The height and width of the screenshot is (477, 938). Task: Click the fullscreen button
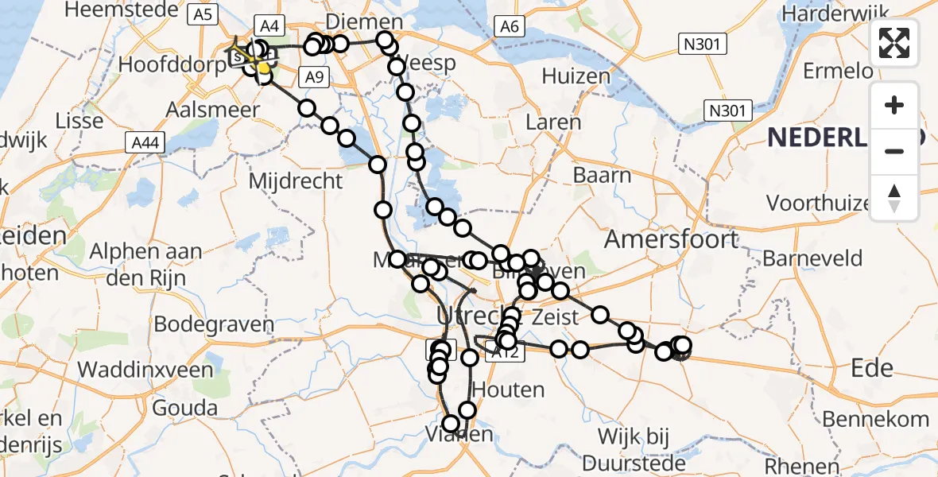tap(894, 43)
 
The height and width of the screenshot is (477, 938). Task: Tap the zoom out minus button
tap(894, 151)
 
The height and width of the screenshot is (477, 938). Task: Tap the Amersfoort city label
tap(672, 238)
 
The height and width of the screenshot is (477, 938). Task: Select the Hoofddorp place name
tap(172, 64)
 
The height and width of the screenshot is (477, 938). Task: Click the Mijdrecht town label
tap(296, 180)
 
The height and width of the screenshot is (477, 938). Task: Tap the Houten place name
tap(509, 390)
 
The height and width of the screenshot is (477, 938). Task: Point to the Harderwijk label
tap(835, 14)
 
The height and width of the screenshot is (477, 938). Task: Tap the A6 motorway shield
tap(510, 28)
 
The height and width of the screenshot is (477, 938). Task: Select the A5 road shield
tap(203, 14)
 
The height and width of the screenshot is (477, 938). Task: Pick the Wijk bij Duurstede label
tap(634, 449)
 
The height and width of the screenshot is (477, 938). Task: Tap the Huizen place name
tap(576, 76)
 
